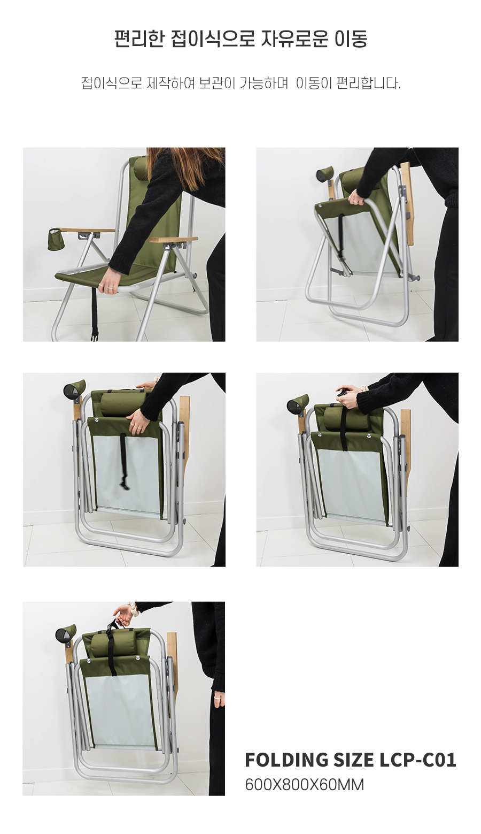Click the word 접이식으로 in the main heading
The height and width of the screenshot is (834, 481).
213,39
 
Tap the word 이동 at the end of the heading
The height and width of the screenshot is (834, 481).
351,39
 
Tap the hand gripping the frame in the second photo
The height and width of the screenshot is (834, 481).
358,198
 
